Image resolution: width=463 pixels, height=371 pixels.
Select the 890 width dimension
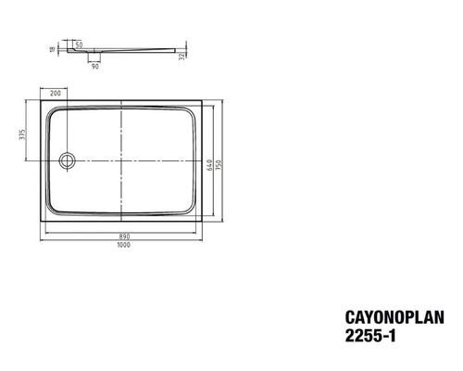pos(122,235)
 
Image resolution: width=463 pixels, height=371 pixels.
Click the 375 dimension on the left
pos(23,134)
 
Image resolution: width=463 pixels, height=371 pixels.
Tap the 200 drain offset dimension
pos(55,94)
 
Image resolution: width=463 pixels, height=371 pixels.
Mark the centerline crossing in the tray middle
pos(122,160)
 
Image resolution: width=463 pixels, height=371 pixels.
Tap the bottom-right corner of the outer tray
pos(203,222)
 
